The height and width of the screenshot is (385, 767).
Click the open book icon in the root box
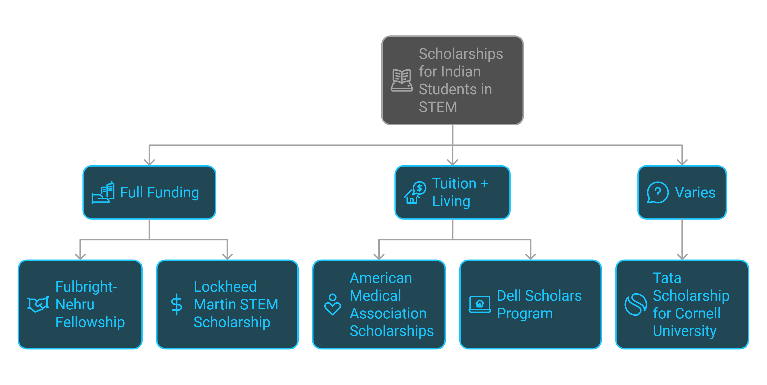point(402,80)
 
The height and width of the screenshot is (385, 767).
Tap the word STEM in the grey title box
point(438,107)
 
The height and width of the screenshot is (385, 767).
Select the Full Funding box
point(149,209)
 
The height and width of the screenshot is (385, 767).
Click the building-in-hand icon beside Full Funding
point(103,193)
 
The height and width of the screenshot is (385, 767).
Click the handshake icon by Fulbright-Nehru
point(38,304)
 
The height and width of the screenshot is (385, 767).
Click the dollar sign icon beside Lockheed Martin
point(177,304)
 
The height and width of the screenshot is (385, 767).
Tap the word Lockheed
point(225,287)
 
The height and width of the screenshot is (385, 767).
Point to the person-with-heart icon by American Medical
point(332,304)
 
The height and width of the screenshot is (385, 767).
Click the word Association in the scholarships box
point(388,313)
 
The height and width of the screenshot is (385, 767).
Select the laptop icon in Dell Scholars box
point(479,304)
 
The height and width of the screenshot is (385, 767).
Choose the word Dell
point(509,296)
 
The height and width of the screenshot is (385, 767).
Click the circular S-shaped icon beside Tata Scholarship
point(635,304)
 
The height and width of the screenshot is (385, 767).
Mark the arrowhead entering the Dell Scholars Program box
point(530,257)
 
